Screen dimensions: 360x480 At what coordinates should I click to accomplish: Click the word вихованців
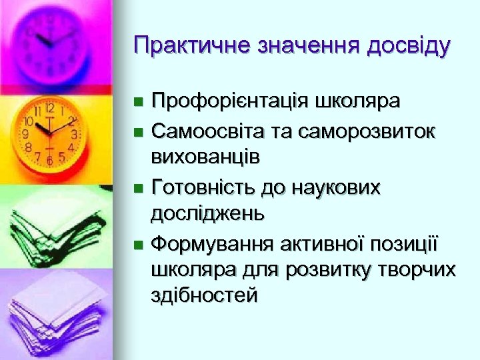[x=206, y=157]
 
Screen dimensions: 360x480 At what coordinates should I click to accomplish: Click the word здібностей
[x=205, y=295]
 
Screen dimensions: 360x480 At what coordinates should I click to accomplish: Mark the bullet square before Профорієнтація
[x=138, y=103]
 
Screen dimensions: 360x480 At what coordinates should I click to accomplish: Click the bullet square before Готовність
[x=138, y=189]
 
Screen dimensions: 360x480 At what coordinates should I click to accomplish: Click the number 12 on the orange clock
[x=49, y=107]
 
